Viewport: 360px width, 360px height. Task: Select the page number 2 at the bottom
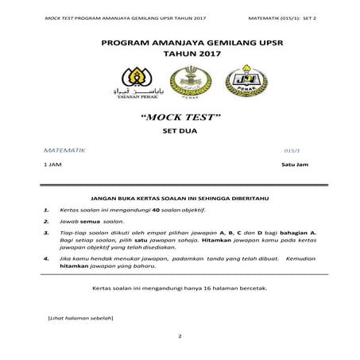coord(180,336)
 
